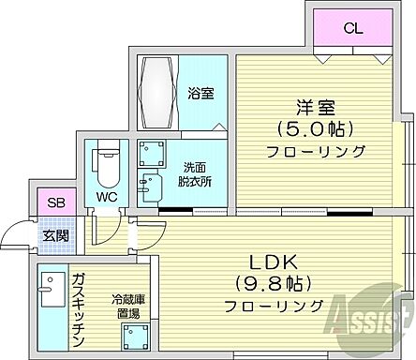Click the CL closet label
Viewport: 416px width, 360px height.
[351, 28]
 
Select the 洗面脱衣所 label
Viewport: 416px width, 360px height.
[196, 175]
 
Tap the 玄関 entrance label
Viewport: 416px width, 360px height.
[54, 234]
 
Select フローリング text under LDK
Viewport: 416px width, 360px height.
[274, 306]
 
